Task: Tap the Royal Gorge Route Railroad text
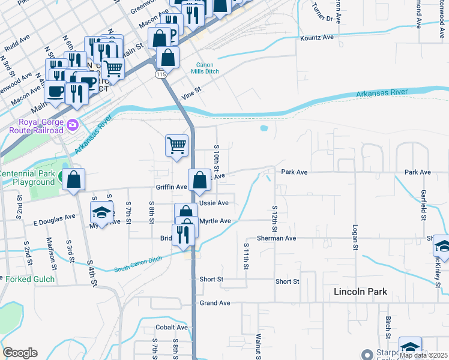pyautogui.click(x=36, y=127)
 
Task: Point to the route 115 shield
pyautogui.click(x=160, y=74)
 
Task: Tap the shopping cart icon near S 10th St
pyautogui.click(x=176, y=145)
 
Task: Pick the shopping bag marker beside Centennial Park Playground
pyautogui.click(x=73, y=179)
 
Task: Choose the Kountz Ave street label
pyautogui.click(x=316, y=37)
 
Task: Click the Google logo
pyautogui.click(x=20, y=353)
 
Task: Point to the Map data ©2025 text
pyautogui.click(x=424, y=355)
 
